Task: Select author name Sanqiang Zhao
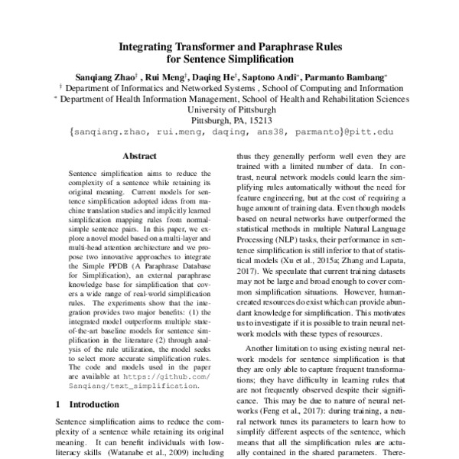tap(102, 76)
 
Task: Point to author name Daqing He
tap(219, 76)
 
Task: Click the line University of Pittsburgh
tap(229, 109)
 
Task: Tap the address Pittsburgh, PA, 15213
tap(229, 121)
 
